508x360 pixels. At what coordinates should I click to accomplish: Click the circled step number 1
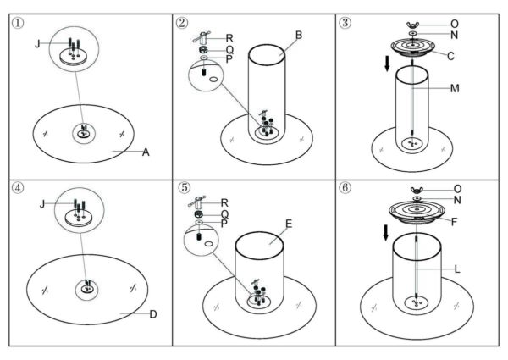[18, 24]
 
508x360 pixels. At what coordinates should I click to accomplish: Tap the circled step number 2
[182, 23]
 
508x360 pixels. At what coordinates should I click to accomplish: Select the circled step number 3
[345, 23]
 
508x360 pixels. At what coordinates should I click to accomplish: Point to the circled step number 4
[18, 187]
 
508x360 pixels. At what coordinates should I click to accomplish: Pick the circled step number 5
[184, 187]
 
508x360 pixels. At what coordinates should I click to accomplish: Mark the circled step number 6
[345, 187]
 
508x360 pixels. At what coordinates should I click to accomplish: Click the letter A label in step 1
[146, 152]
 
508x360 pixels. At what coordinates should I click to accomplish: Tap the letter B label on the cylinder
[299, 35]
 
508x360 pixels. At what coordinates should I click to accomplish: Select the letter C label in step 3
[450, 56]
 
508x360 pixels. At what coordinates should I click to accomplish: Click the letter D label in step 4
[153, 314]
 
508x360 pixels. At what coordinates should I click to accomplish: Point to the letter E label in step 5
[289, 224]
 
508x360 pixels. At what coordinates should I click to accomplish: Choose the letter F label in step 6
[454, 222]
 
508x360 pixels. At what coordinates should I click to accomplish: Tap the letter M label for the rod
[455, 88]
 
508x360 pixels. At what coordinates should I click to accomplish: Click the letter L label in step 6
[457, 269]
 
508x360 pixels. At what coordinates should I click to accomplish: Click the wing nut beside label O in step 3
[412, 25]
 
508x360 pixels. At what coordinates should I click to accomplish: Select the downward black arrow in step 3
[387, 64]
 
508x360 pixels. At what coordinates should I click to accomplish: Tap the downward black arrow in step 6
[385, 233]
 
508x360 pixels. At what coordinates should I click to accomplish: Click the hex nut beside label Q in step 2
[203, 50]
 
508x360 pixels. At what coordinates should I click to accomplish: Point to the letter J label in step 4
[41, 204]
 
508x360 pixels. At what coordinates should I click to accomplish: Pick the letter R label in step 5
[224, 202]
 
